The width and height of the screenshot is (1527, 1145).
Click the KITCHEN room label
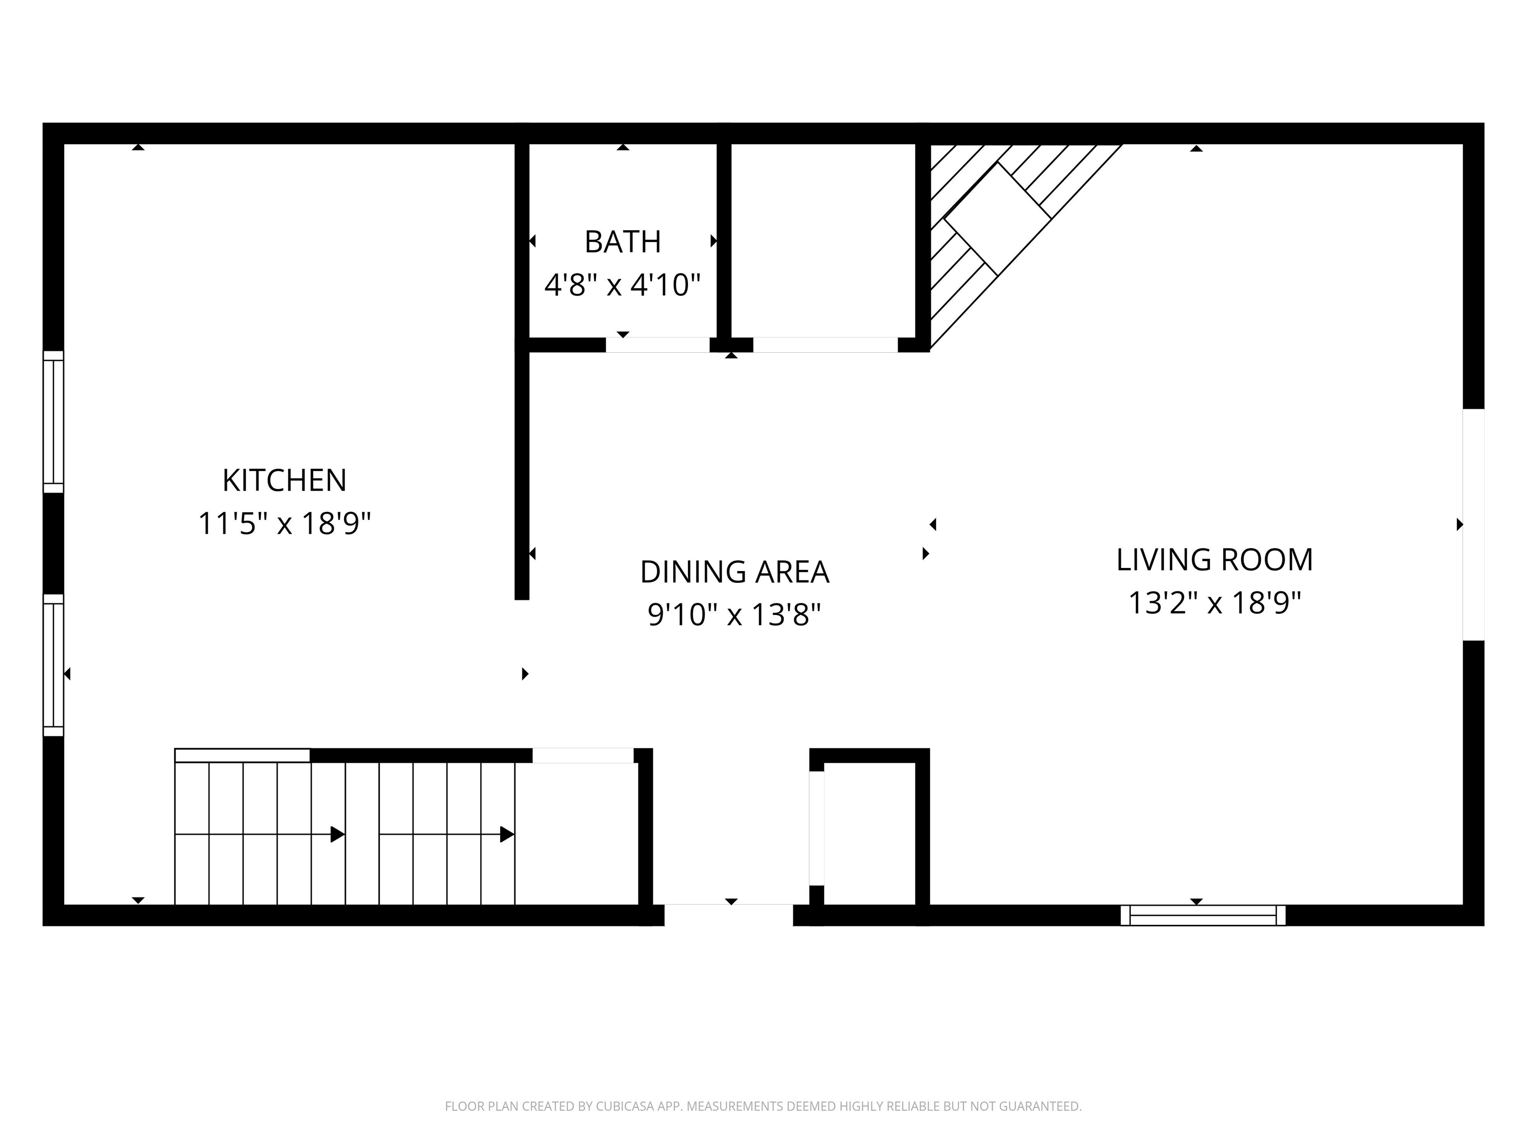(x=284, y=481)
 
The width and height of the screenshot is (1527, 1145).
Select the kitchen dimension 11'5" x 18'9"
(x=284, y=523)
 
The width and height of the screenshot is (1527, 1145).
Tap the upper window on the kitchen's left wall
(x=53, y=422)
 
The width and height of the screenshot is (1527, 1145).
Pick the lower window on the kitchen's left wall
(x=53, y=664)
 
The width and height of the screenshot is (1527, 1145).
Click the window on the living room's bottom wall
(x=1202, y=915)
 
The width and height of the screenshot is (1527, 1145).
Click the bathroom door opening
(x=657, y=345)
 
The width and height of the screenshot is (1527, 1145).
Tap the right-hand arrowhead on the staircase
(x=507, y=834)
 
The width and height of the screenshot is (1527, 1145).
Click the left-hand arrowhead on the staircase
(x=338, y=834)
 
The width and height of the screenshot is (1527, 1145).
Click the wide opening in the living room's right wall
(x=1473, y=524)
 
